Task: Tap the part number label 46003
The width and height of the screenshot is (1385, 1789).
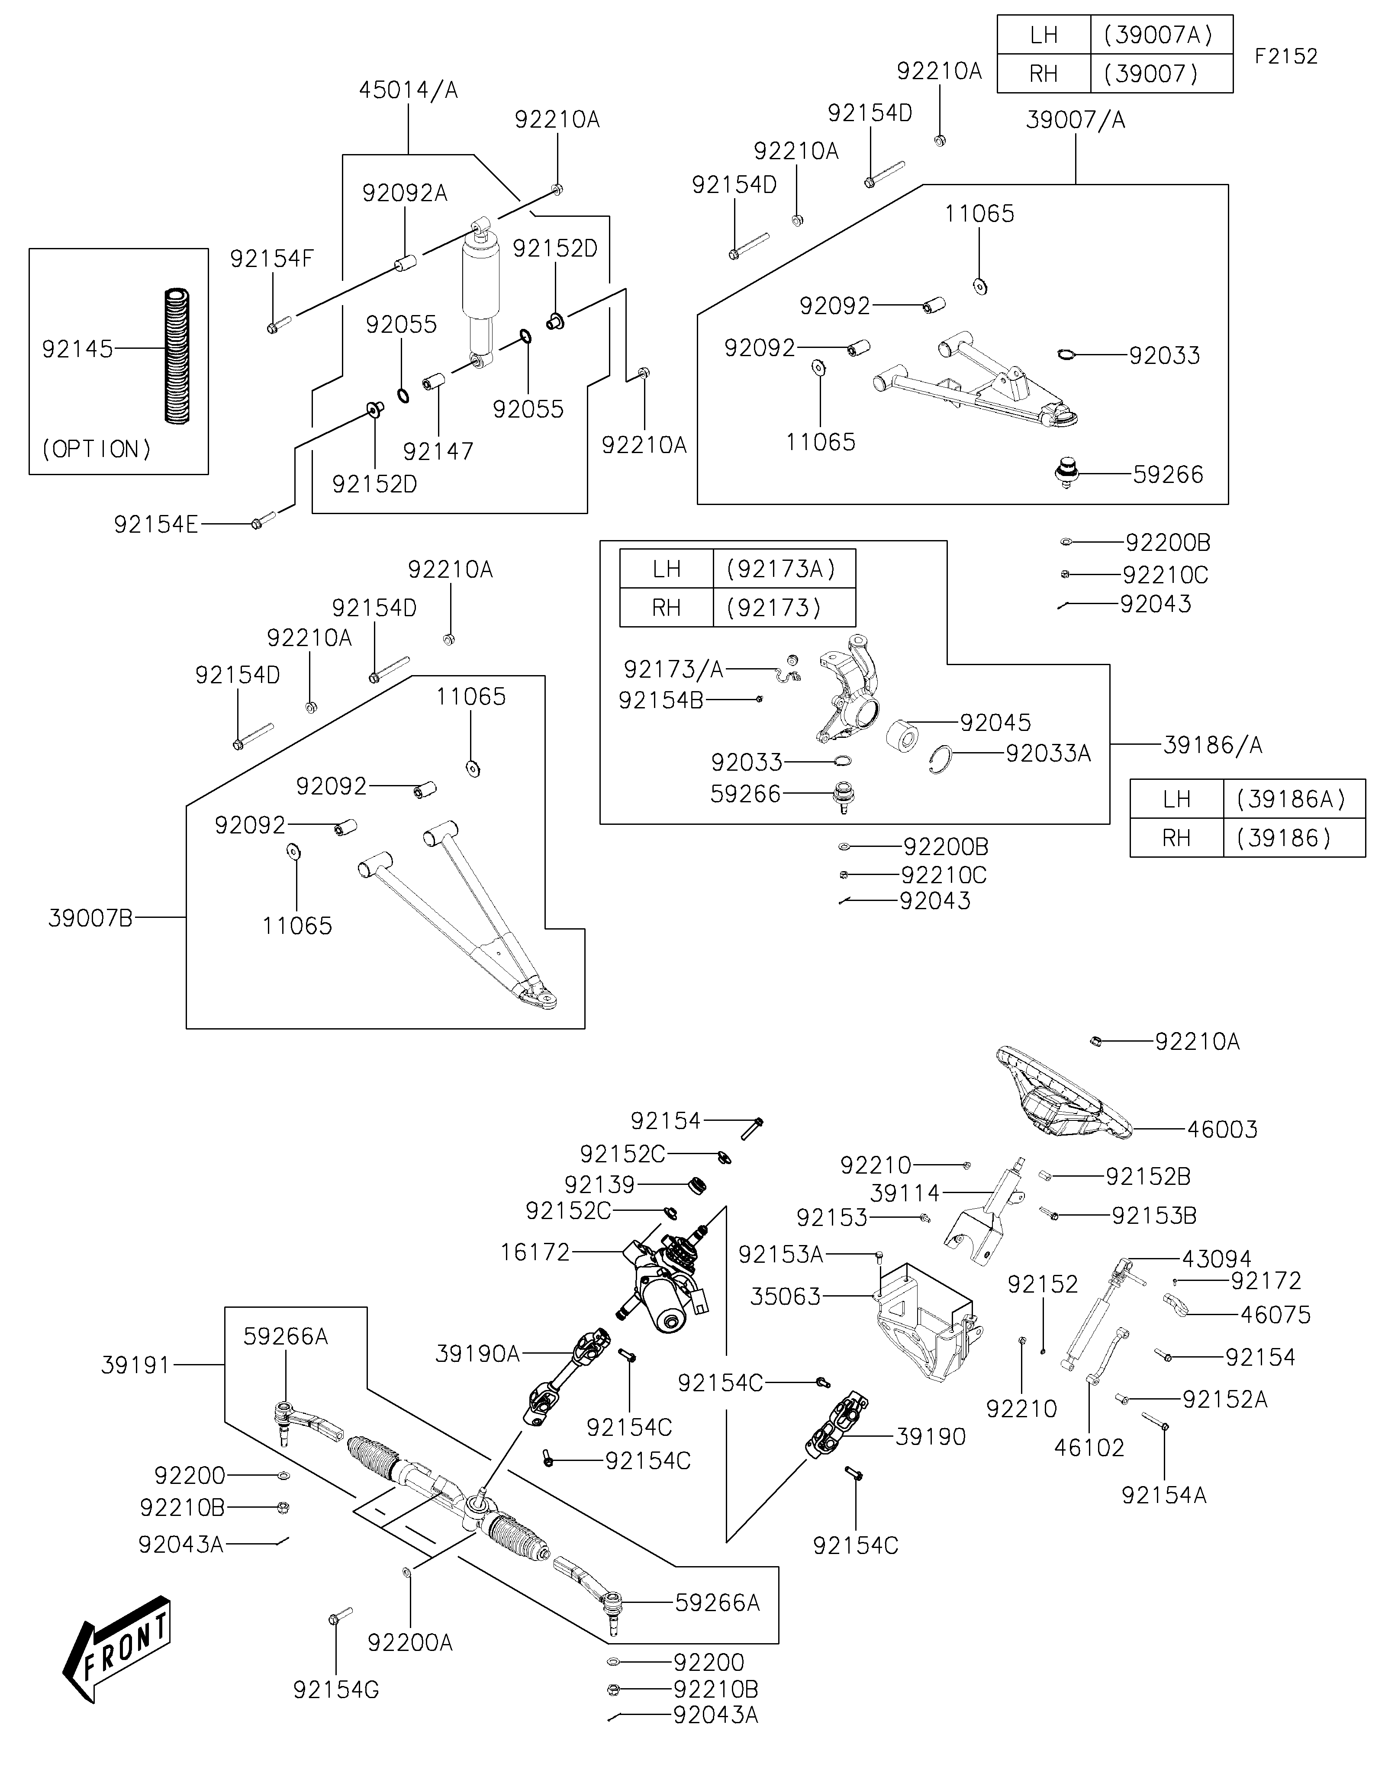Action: tap(1222, 1129)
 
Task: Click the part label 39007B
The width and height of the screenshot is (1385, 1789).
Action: tap(90, 918)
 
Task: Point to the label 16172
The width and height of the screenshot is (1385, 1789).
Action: tap(535, 1252)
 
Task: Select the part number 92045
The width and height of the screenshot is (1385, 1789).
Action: tap(995, 723)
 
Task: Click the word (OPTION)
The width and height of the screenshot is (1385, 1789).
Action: tap(97, 449)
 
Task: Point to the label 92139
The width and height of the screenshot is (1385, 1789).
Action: tap(599, 1184)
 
